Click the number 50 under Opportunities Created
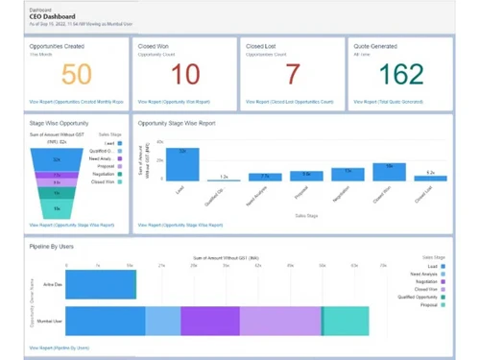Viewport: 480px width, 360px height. coord(78,75)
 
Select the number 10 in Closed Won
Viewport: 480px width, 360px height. coord(184,75)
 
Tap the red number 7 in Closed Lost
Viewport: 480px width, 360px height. coord(292,75)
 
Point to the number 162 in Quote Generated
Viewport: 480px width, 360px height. coord(400,75)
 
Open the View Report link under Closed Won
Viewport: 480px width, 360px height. coord(173,100)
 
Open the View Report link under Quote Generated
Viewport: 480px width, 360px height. coord(389,100)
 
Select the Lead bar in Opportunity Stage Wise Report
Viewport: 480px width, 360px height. coord(189,164)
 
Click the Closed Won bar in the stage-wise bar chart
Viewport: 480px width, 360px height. coord(382,172)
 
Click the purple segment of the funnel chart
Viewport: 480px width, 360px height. coord(57,182)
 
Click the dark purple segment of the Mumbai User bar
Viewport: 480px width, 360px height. coord(209,320)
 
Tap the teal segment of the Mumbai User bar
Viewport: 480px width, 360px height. coord(346,320)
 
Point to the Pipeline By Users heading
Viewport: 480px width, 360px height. coord(52,247)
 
